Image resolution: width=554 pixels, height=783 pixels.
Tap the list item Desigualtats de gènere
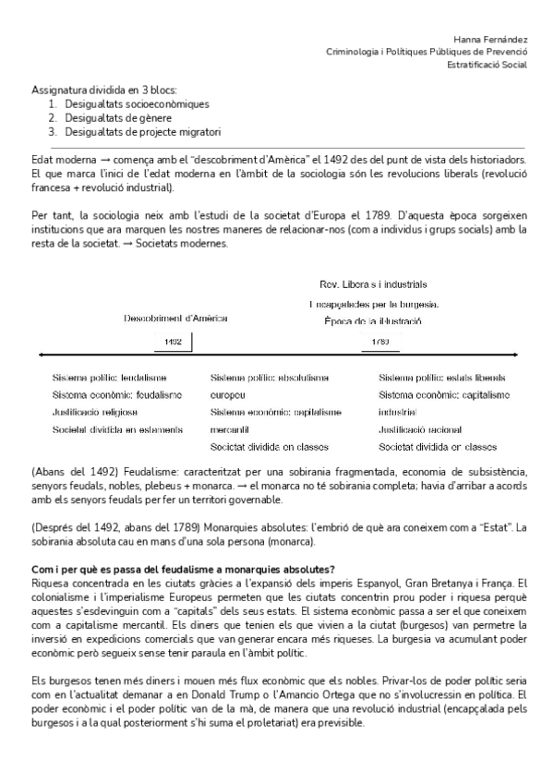point(117,118)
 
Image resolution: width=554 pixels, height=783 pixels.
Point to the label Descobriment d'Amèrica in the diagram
point(175,319)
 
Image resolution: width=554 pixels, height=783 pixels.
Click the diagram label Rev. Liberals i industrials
point(373,284)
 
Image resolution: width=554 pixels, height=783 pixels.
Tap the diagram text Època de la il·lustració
point(373,321)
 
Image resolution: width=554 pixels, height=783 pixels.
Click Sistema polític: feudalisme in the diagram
point(110,378)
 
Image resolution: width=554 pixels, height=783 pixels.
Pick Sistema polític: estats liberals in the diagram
point(441,378)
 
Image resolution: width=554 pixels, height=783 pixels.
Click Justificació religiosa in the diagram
point(95,412)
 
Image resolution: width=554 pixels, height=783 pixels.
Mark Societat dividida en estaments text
point(117,429)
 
